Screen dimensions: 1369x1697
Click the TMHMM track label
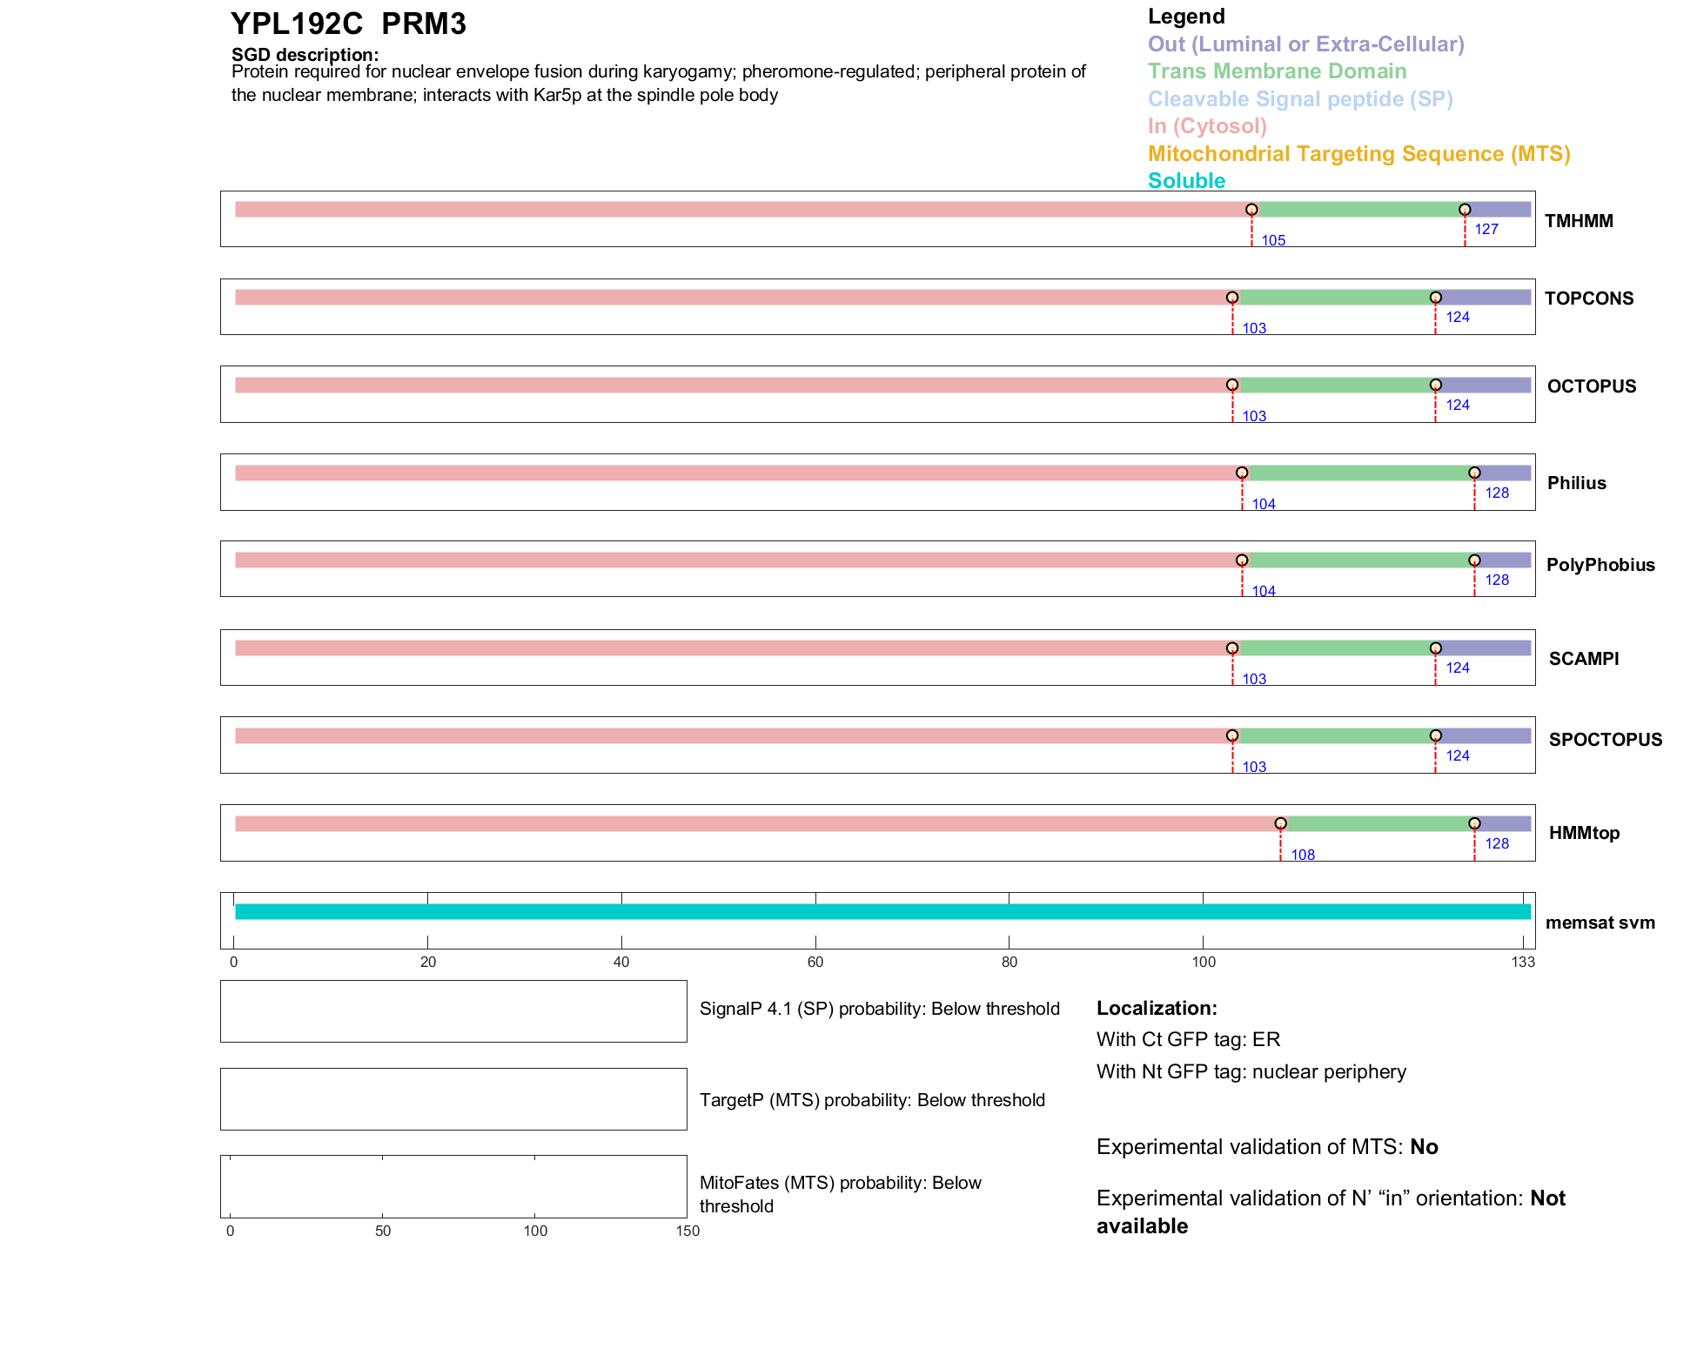[x=1578, y=221]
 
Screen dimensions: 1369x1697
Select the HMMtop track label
[x=1584, y=833]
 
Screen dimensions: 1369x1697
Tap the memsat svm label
[x=1600, y=923]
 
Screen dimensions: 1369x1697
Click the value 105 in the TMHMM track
[x=1273, y=240]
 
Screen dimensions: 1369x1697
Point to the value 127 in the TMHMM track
[x=1486, y=229]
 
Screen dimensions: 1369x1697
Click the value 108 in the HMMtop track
[x=1303, y=855]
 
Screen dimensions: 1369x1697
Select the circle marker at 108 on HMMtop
[x=1280, y=823]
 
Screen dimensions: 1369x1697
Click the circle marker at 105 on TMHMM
[x=1251, y=210]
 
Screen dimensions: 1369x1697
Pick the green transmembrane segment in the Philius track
[x=1358, y=473]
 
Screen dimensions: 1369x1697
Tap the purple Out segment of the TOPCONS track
[x=1484, y=298]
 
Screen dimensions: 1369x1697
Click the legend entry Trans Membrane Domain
[x=1277, y=71]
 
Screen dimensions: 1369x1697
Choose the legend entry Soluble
[x=1186, y=181]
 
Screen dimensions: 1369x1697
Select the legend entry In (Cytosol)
[x=1207, y=126]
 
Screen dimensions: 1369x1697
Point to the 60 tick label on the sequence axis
[x=815, y=962]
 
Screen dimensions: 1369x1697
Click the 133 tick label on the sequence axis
[x=1523, y=962]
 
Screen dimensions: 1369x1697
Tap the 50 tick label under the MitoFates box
[x=383, y=1231]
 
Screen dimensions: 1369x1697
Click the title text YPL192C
[x=297, y=24]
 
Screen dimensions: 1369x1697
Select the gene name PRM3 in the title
[x=424, y=24]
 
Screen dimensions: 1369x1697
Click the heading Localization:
[x=1157, y=1008]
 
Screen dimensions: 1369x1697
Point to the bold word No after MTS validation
[x=1424, y=1146]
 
